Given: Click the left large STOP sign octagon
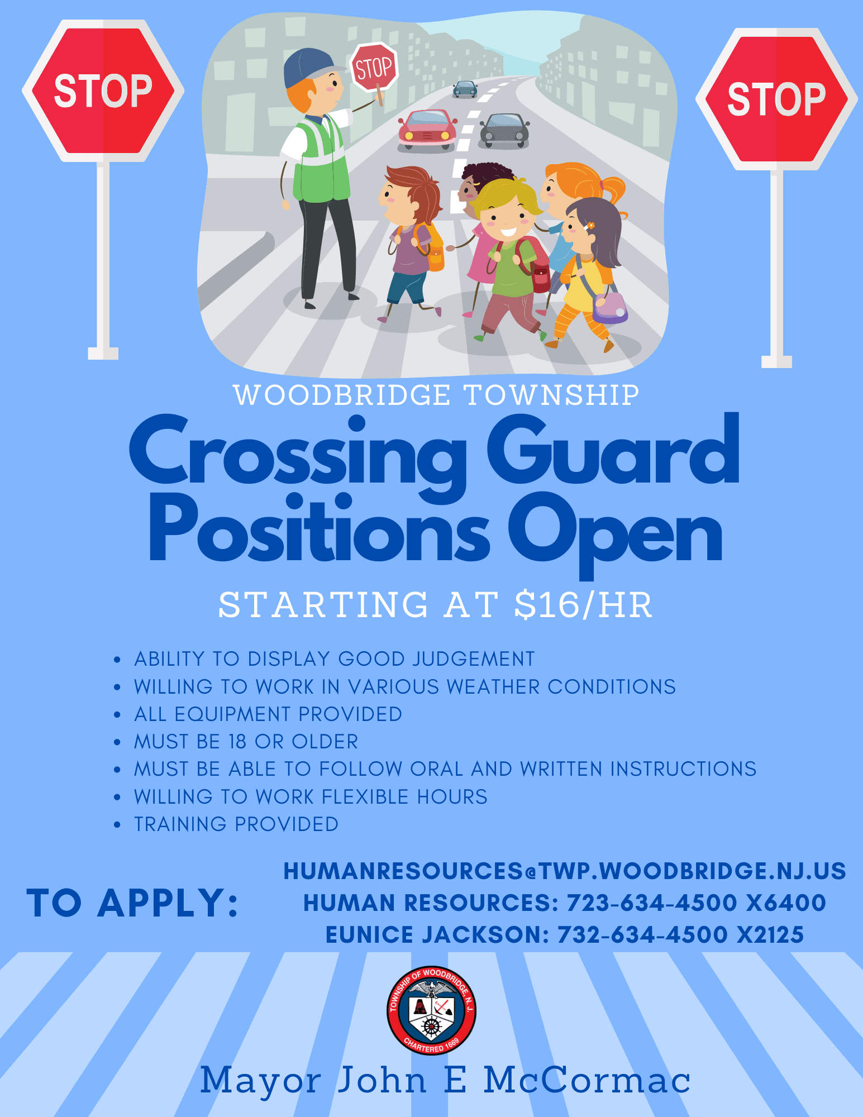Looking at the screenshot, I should coord(103,90).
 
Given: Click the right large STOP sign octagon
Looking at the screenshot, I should coord(776,99).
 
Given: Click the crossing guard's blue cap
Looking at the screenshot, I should coord(308,66).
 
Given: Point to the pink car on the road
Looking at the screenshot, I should coord(427,129).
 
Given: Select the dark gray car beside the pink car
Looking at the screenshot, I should coord(504,131).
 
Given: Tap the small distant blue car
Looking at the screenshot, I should coord(465,89).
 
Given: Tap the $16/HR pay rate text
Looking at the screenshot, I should coord(583,605).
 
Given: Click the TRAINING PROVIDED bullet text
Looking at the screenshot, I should coord(236,824).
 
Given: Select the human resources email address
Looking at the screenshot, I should coord(565,871).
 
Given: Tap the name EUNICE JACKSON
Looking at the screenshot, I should coord(436,935).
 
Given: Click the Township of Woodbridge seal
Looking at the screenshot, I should coord(431,1010).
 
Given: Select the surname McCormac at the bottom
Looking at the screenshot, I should coord(587,1081).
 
